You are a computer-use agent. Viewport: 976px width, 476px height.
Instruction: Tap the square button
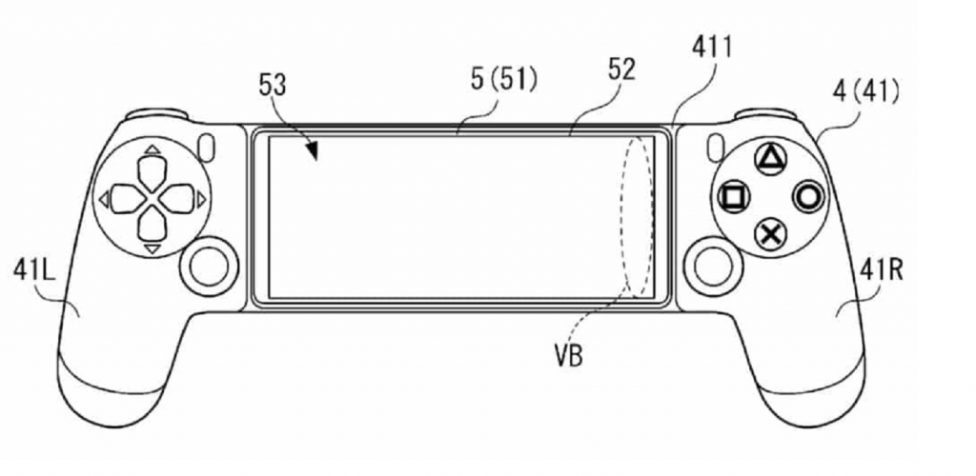click(x=735, y=198)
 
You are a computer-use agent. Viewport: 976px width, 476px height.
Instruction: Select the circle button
click(x=807, y=197)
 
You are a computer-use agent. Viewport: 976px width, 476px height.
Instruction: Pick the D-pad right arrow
click(x=179, y=199)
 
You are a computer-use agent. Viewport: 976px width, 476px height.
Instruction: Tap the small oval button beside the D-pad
click(x=210, y=148)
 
